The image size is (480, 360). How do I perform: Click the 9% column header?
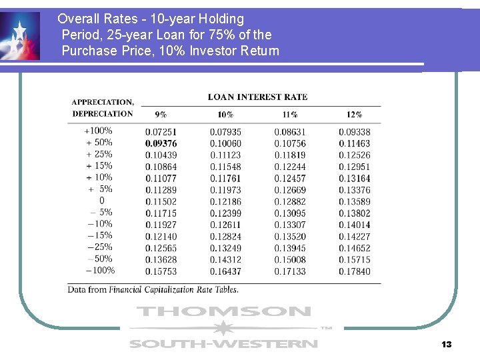161,115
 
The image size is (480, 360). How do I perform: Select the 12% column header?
354,115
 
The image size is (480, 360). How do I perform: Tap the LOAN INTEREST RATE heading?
257,97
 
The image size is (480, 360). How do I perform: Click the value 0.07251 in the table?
161,132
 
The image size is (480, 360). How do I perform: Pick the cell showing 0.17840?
354,271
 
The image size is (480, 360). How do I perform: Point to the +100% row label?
98,131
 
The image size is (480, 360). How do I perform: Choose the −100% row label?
100,271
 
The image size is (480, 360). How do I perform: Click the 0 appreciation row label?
101,201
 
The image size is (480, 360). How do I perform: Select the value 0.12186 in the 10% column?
225,201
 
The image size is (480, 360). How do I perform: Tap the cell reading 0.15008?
290,259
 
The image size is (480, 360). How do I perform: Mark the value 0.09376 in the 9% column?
161,143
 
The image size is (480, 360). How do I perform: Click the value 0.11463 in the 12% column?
354,143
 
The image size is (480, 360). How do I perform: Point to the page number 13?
446,345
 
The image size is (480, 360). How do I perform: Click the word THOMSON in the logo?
223,311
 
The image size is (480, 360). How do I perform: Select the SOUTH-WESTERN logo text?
223,344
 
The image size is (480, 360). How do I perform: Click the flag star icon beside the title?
20,37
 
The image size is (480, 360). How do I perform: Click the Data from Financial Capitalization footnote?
153,289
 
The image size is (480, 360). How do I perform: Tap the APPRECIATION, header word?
103,102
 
